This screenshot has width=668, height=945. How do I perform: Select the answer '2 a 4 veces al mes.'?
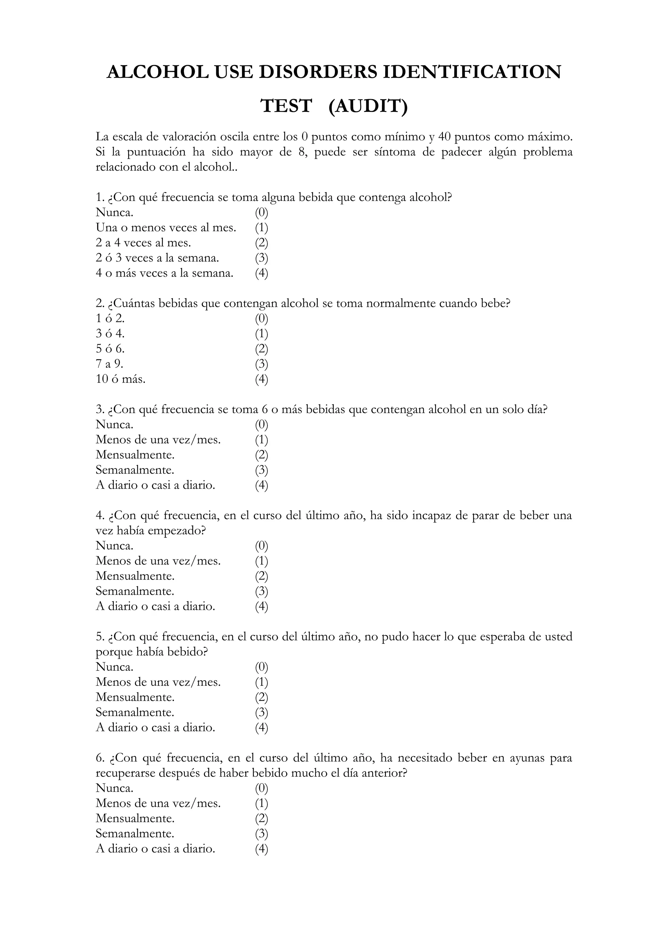pyautogui.click(x=143, y=243)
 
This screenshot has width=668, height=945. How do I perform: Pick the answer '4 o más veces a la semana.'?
pyautogui.click(x=165, y=273)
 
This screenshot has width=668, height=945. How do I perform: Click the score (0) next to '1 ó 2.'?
pyautogui.click(x=261, y=319)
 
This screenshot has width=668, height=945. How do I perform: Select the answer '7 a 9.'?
pyautogui.click(x=110, y=364)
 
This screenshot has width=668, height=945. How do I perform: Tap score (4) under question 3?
pyautogui.click(x=261, y=485)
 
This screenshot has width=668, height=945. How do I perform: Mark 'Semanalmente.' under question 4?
pyautogui.click(x=135, y=592)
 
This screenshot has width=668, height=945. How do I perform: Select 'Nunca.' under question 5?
pyautogui.click(x=114, y=667)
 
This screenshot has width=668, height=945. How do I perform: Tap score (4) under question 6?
pyautogui.click(x=261, y=849)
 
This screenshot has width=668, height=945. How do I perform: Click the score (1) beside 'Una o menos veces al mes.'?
pyautogui.click(x=261, y=228)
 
